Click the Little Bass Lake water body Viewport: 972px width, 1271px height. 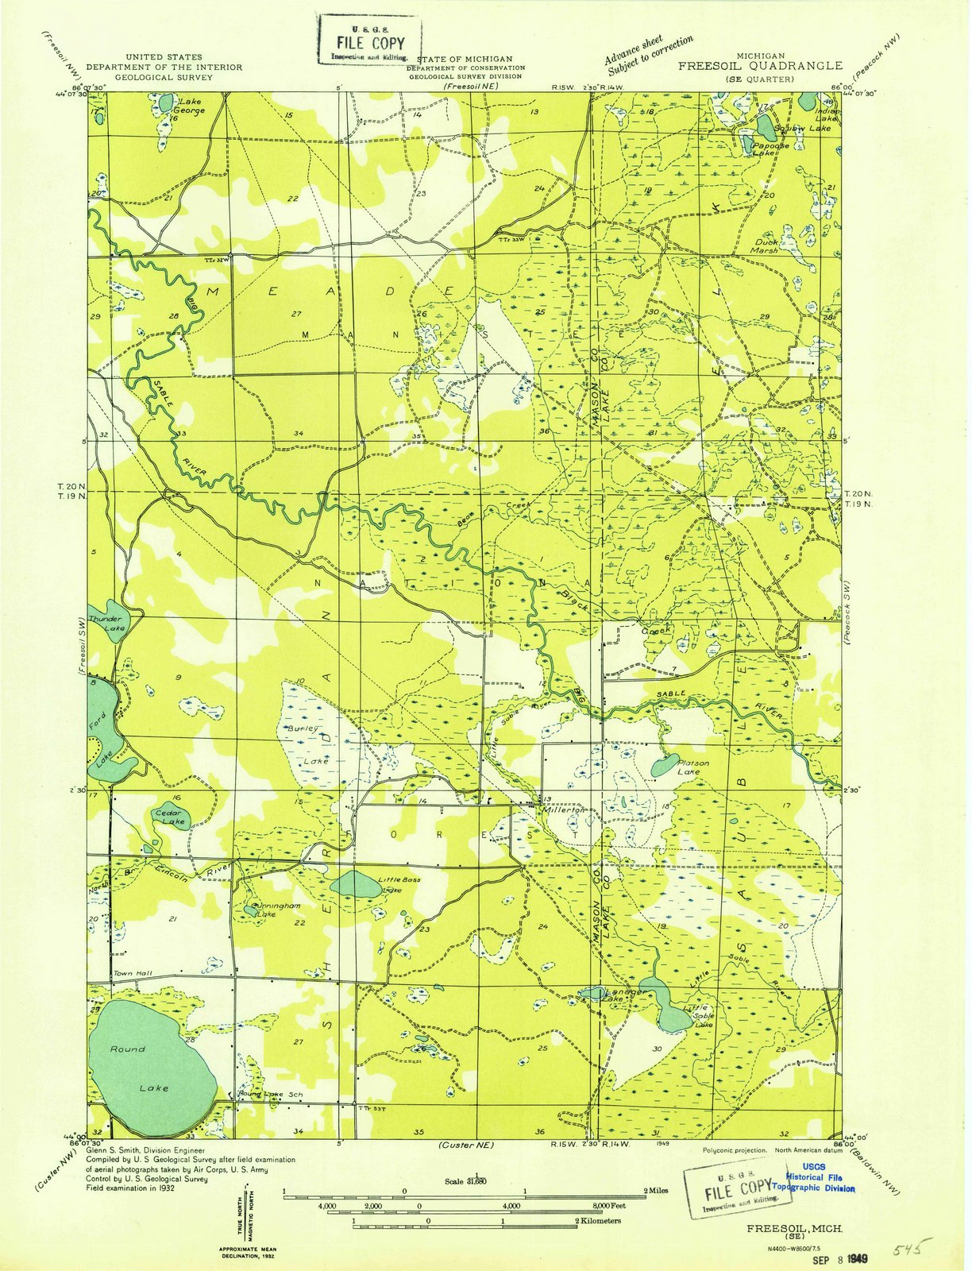click(x=354, y=883)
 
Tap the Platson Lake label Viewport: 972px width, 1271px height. click(x=692, y=767)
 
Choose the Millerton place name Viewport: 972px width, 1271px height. click(x=563, y=809)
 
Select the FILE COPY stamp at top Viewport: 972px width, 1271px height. click(x=370, y=41)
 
